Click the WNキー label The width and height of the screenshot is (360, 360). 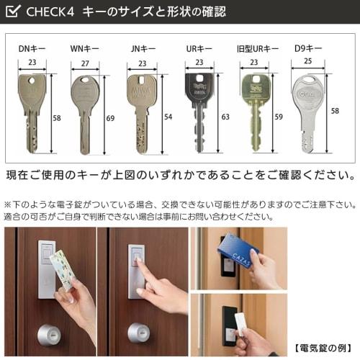85,50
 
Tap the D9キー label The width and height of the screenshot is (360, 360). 308,50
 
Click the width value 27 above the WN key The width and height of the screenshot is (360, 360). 85,63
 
